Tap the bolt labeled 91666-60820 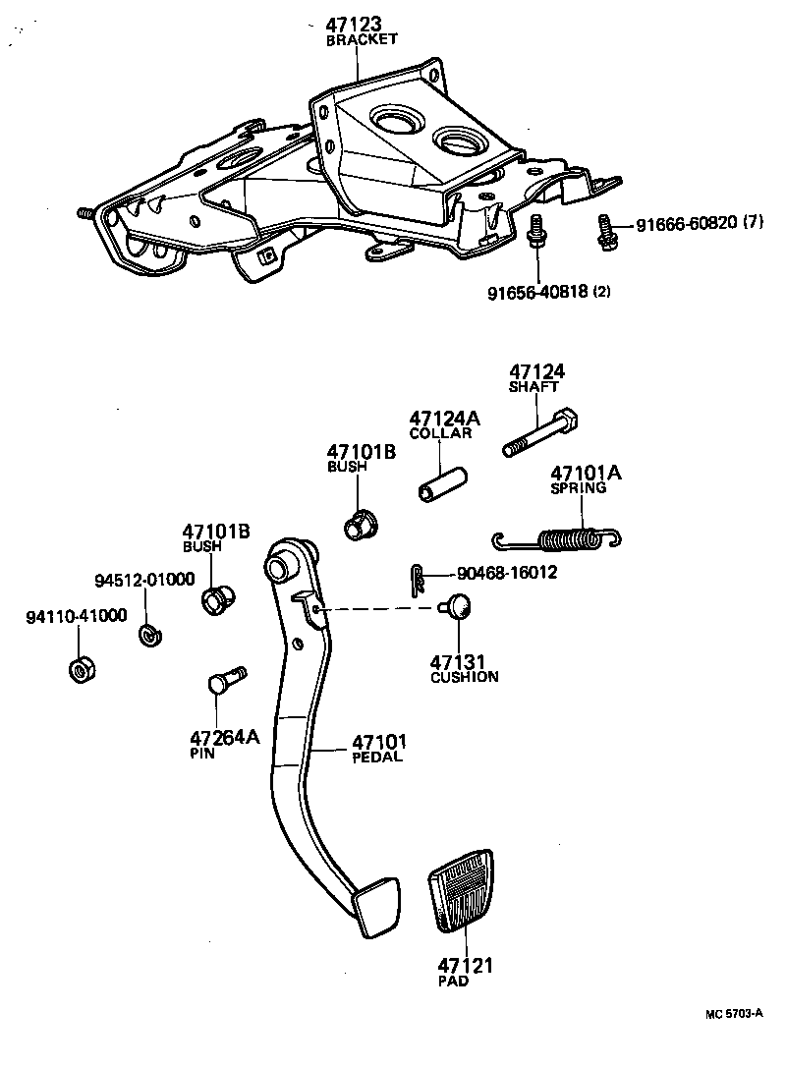603,230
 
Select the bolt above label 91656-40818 537,233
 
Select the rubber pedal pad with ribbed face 459,891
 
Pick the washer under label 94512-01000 150,636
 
